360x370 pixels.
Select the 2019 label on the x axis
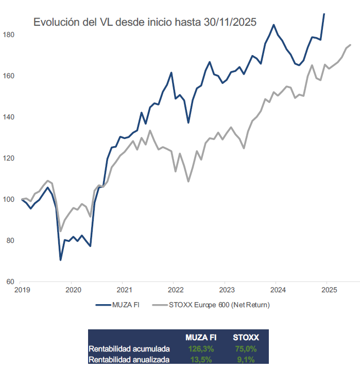pyautogui.click(x=21, y=290)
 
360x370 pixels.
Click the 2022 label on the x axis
pyautogui.click(x=175, y=290)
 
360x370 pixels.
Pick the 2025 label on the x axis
pyautogui.click(x=328, y=290)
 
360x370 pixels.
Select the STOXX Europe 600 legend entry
pyautogui.click(x=211, y=305)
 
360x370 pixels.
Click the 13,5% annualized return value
pyautogui.click(x=201, y=359)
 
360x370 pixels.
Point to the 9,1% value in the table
pyautogui.click(x=247, y=359)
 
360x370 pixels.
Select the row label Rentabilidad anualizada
pyautogui.click(x=129, y=359)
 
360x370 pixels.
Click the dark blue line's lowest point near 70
pyautogui.click(x=60, y=260)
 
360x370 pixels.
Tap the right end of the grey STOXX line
pyautogui.click(x=350, y=45)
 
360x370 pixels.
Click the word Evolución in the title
pyautogui.click(x=55, y=23)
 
